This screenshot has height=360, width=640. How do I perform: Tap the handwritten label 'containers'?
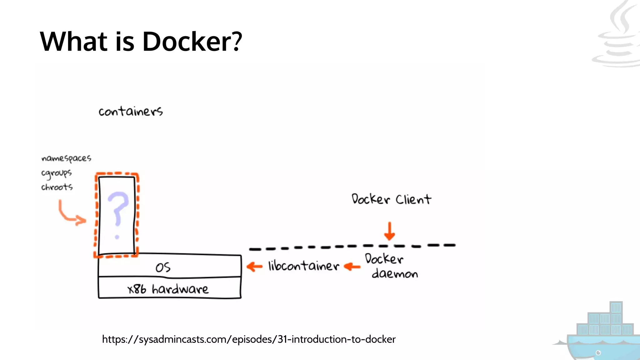[131, 111]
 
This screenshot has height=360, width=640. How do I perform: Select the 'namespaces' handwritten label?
[66, 158]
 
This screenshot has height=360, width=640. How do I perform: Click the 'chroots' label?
[57, 187]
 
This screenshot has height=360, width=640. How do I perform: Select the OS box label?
[163, 267]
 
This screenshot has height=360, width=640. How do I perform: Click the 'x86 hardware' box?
[168, 289]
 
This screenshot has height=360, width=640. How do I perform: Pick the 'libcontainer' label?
[303, 266]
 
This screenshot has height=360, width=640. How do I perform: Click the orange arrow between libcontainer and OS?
[254, 267]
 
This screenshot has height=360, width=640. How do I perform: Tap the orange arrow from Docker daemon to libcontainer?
[352, 267]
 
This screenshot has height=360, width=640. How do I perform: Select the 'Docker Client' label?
[391, 199]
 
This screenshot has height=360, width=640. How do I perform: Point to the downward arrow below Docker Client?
[389, 231]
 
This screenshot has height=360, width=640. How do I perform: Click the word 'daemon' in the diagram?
[395, 274]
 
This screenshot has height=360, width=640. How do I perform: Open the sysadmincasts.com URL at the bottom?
[249, 339]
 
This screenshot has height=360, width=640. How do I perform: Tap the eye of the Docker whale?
[598, 353]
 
